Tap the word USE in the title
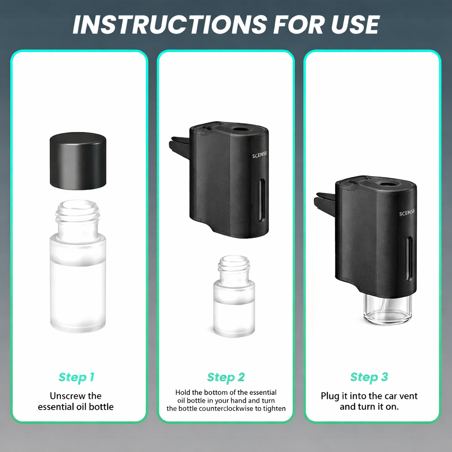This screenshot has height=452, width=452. coord(355,25)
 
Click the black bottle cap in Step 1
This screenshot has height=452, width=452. coord(78,161)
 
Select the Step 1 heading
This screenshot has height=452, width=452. coord(76,377)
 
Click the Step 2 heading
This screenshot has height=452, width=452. coord(226,377)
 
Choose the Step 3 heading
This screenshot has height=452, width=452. coord(369,377)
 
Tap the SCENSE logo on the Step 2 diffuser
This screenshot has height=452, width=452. coord(260,155)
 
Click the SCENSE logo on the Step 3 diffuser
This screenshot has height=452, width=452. coord(407,213)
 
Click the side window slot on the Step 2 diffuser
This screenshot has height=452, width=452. coord(261,200)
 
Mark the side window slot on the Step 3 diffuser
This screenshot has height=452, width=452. coord(409,259)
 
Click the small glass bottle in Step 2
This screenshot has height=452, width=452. coord(234,296)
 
